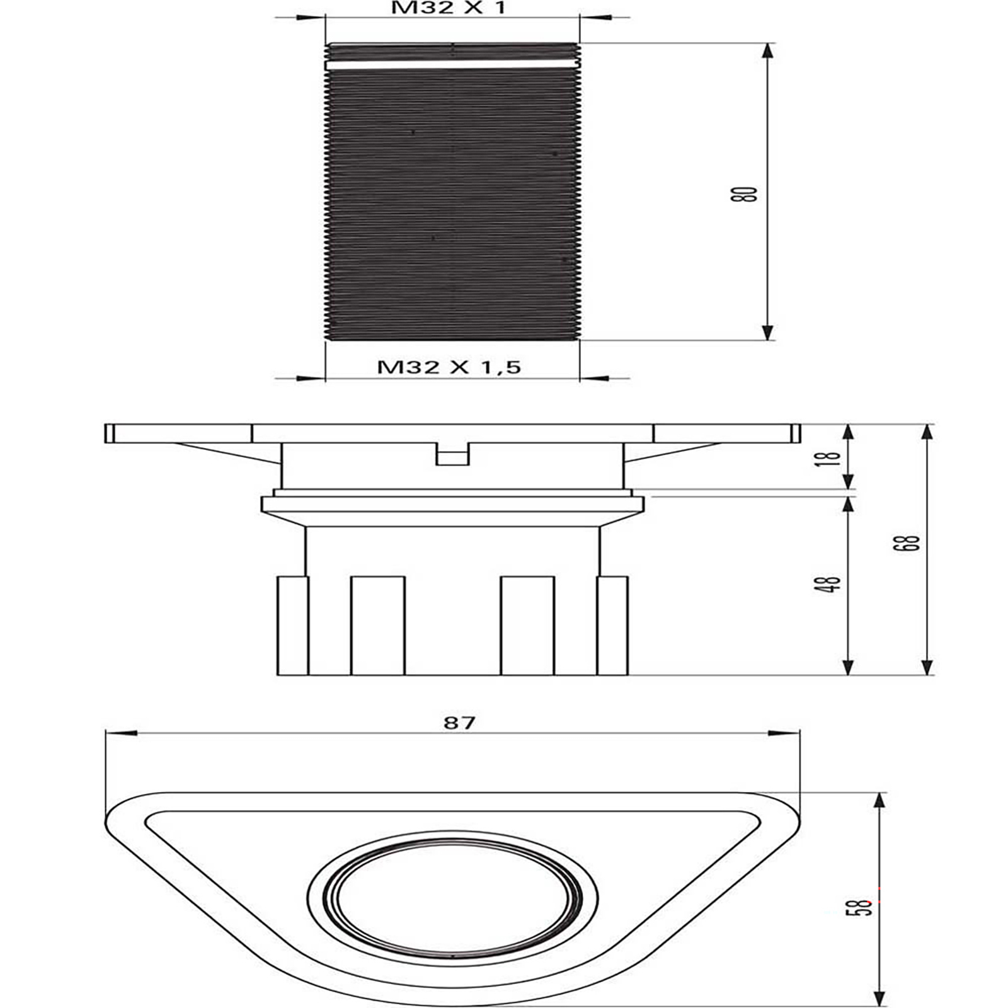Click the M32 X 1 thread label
coord(448,8)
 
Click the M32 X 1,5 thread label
coord(449,367)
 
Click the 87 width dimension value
coord(459,722)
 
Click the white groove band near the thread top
coord(452,64)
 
